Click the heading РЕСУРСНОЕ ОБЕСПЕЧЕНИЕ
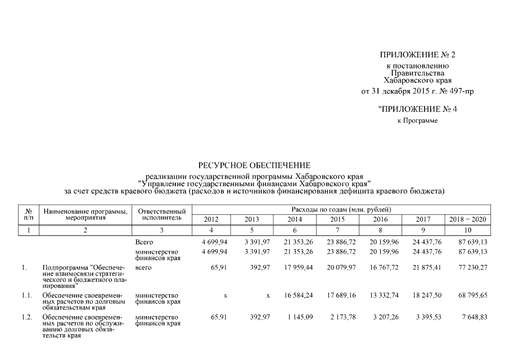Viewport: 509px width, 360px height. point(254,165)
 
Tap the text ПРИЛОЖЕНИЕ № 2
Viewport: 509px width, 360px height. point(417,55)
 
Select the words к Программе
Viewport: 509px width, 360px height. point(417,120)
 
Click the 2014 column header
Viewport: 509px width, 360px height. point(295,219)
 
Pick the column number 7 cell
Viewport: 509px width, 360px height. point(337,230)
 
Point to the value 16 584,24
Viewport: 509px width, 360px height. point(298,295)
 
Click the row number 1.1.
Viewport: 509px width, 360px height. point(27,295)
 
